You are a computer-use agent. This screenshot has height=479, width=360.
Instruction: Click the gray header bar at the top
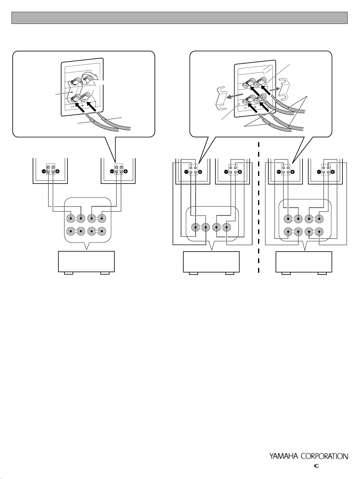pyautogui.click(x=179, y=18)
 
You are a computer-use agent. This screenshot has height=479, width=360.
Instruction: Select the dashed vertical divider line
pyautogui.click(x=259, y=207)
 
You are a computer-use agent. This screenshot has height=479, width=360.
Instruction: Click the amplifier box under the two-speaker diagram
pyautogui.click(x=86, y=262)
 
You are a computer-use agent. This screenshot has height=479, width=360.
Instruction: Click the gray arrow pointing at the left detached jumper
pyautogui.click(x=235, y=96)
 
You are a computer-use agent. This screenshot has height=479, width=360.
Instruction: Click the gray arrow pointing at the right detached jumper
pyautogui.click(x=275, y=90)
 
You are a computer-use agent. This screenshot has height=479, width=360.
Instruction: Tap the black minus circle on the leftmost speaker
pyautogui.click(x=44, y=171)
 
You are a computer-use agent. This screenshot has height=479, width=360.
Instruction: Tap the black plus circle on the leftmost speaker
pyautogui.click(x=58, y=171)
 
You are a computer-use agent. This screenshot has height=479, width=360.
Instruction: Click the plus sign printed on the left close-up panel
pyautogui.click(x=82, y=106)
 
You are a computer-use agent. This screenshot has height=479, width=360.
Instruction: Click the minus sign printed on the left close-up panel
pyautogui.click(x=72, y=107)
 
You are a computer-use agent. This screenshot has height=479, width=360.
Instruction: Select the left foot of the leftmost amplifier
pyautogui.click(x=69, y=273)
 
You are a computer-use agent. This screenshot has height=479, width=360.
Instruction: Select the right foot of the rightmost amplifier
pyautogui.click(x=322, y=273)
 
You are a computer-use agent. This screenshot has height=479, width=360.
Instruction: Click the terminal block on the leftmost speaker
pyautogui.click(x=51, y=169)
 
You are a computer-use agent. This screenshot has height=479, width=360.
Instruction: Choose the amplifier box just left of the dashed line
pyautogui.click(x=211, y=262)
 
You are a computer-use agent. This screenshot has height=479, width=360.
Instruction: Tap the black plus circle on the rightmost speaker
pyautogui.click(x=333, y=172)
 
